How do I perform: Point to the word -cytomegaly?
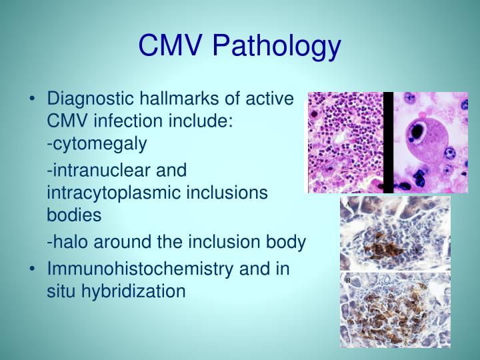(97, 144)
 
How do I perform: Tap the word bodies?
(74, 215)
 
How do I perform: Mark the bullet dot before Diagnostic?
(33, 100)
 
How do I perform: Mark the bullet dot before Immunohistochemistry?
(33, 269)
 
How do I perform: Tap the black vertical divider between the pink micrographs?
(388, 143)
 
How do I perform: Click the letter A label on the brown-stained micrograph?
(346, 204)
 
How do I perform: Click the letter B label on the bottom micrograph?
(347, 281)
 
